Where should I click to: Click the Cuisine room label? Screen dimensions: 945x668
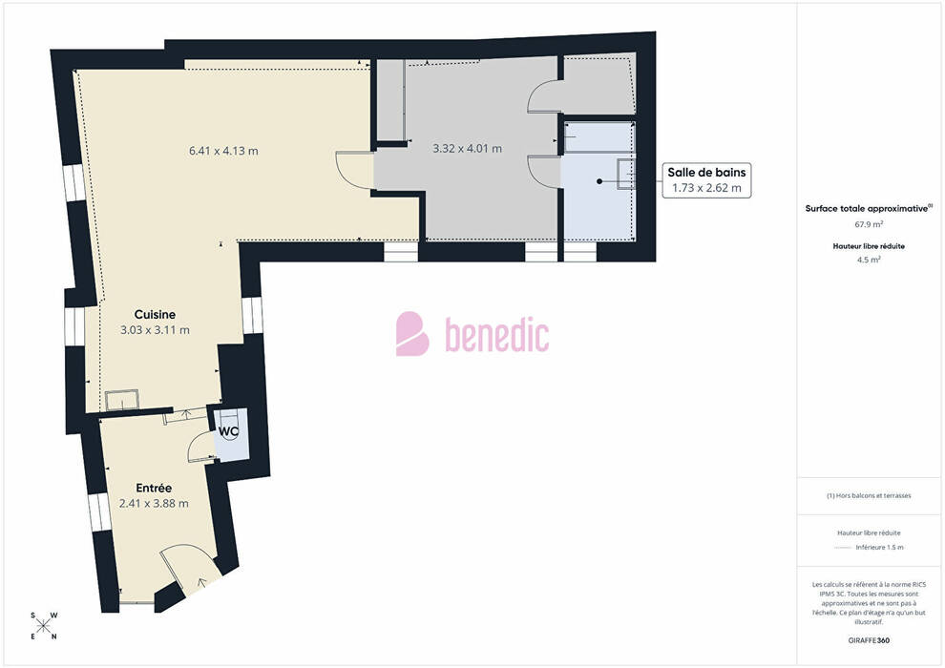point(155,314)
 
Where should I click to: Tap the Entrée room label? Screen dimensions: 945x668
point(154,488)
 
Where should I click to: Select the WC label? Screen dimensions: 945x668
point(228,431)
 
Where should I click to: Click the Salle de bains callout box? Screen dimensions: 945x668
point(707,180)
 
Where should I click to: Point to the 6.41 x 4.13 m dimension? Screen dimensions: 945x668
point(223,151)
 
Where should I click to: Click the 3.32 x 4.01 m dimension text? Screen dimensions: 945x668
point(467,148)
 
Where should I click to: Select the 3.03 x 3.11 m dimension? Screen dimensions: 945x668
point(155,330)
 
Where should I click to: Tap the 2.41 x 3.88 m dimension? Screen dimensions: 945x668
point(154,504)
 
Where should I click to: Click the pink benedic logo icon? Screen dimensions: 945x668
point(412,334)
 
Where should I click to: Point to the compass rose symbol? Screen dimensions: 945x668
point(44,626)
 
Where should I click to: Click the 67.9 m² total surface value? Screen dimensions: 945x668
point(869,224)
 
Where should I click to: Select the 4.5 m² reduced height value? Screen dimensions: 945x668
point(869,260)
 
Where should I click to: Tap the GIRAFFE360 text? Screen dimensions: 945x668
point(869,640)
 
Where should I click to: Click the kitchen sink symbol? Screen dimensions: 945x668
point(122,401)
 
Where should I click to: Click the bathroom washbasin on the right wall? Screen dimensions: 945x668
point(626,175)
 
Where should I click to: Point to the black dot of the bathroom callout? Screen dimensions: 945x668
point(599,180)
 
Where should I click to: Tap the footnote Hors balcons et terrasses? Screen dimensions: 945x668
point(869,495)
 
